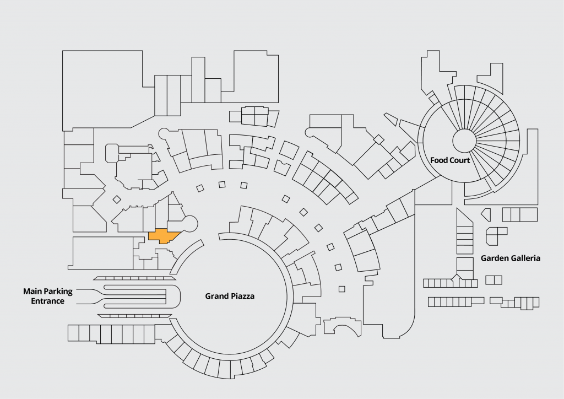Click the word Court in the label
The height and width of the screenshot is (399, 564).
(460, 160)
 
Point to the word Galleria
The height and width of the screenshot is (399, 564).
(524, 258)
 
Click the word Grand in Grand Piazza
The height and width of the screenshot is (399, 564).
(217, 296)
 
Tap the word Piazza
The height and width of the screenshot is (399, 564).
(243, 296)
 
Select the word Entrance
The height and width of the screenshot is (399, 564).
(47, 301)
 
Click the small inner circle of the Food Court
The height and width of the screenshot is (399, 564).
(464, 141)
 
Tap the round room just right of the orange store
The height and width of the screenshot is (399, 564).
(189, 224)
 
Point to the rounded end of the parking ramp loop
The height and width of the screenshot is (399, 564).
(175, 298)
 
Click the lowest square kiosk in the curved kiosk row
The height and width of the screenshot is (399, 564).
(342, 289)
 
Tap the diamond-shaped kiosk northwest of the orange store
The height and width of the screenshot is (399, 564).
(117, 199)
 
